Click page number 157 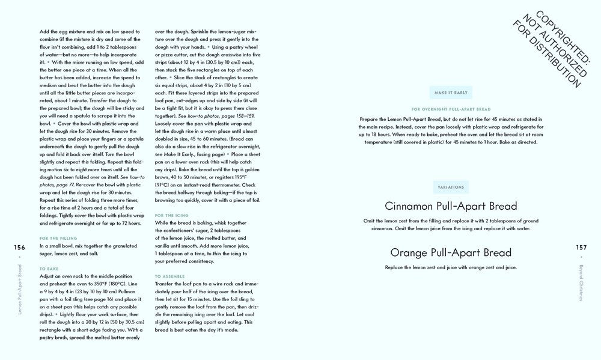581,246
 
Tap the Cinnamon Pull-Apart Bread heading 451,206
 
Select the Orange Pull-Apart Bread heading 451,252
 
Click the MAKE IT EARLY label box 451,93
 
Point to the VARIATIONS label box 451,187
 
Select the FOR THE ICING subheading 171,215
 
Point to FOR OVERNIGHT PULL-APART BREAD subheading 451,109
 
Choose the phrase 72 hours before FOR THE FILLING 130,224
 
